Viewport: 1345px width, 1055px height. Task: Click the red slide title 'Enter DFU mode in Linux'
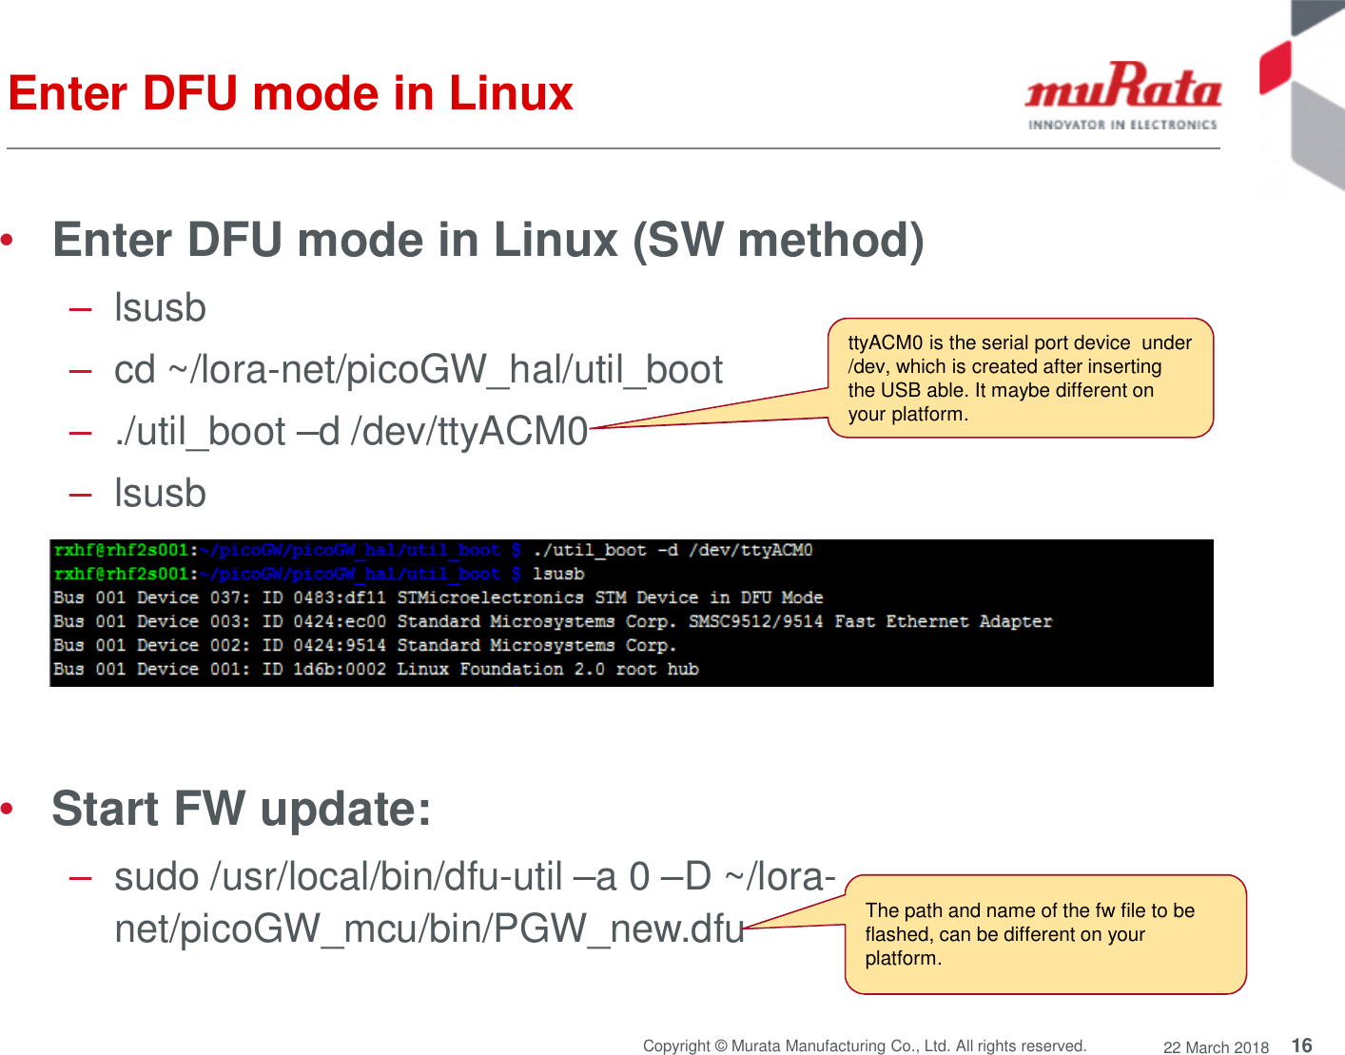click(x=290, y=93)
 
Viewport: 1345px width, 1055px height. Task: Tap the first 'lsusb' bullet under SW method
click(x=160, y=307)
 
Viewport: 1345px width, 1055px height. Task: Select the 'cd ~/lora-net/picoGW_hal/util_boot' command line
click(x=418, y=369)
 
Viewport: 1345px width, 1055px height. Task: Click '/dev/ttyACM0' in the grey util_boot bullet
click(x=470, y=431)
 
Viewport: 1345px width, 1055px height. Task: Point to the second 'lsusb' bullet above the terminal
click(x=160, y=493)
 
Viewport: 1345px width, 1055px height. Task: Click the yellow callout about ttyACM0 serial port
click(x=1020, y=378)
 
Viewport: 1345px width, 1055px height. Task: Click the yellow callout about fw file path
click(x=1044, y=934)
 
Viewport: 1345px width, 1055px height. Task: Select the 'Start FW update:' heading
click(x=242, y=809)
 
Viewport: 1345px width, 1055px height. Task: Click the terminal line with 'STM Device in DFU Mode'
click(x=438, y=597)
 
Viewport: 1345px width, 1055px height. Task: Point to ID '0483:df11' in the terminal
click(x=340, y=597)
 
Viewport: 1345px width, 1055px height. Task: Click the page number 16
click(x=1301, y=1045)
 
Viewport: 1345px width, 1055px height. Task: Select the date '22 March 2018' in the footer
click(x=1216, y=1046)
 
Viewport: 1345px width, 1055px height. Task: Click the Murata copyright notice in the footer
click(x=864, y=1045)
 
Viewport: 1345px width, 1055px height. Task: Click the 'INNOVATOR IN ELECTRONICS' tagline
click(x=1122, y=125)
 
